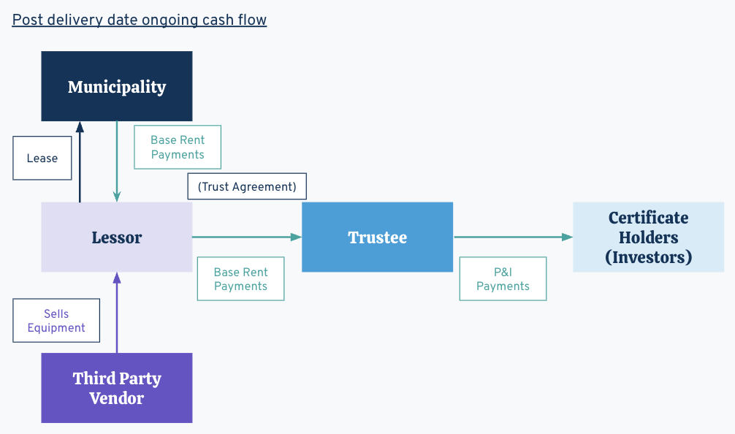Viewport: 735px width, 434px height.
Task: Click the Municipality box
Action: point(117,86)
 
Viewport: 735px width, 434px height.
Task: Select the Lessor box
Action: point(117,237)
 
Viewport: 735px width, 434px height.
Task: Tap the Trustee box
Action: point(377,237)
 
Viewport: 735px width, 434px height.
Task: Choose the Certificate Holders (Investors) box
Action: point(648,237)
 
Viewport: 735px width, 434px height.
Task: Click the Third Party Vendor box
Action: point(117,388)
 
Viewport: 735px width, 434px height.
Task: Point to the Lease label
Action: point(42,159)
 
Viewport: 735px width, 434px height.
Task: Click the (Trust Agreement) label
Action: point(247,186)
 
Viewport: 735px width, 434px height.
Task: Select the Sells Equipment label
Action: point(56,321)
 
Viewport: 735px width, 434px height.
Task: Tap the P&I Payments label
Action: point(503,279)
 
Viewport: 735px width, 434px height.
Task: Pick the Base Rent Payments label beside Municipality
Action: point(178,148)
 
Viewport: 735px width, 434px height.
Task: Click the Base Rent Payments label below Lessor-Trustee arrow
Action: point(240,279)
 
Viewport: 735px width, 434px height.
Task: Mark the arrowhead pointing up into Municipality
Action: point(80,127)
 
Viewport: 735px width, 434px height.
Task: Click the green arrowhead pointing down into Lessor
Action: point(117,197)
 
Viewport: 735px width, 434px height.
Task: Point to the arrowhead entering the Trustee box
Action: point(296,237)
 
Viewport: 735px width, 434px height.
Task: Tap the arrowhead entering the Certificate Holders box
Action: point(567,237)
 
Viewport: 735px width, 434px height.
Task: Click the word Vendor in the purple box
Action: point(117,398)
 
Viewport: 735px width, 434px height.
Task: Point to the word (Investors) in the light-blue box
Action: point(648,257)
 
